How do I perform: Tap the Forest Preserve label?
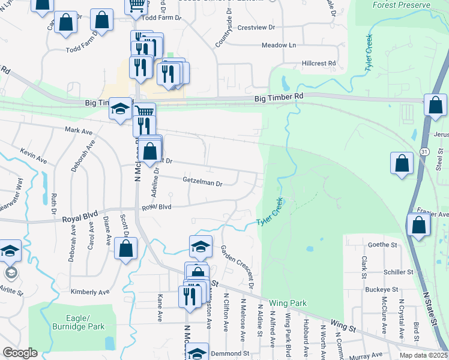pos(402,5)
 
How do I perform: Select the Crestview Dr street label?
pos(256,28)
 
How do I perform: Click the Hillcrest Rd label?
pos(319,63)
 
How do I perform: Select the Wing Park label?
pos(288,304)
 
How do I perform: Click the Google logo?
pos(20,353)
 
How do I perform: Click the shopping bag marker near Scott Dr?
pos(125,249)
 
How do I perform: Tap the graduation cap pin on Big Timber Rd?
pos(121,109)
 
